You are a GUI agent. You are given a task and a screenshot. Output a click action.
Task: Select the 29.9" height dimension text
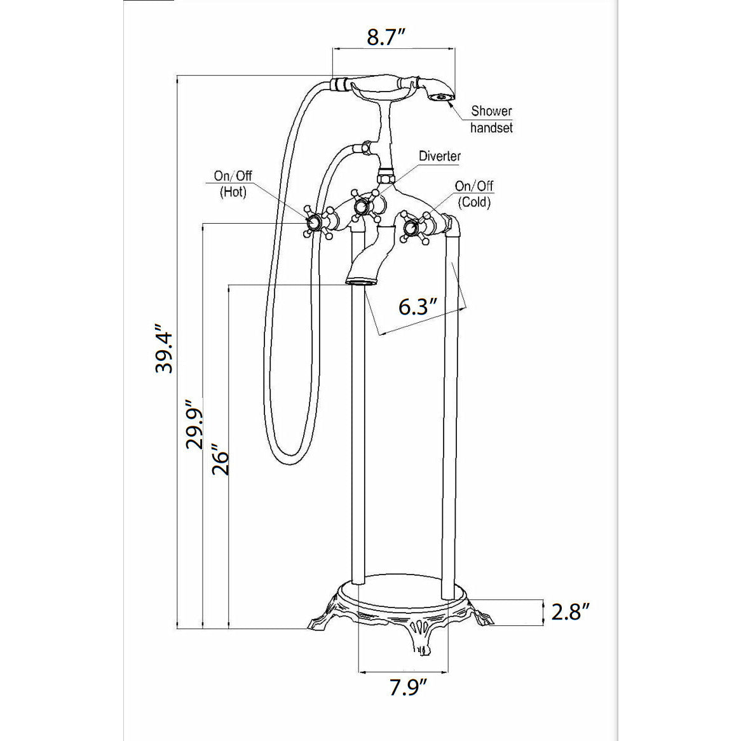194,424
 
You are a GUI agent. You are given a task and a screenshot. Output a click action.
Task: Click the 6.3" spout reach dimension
418,307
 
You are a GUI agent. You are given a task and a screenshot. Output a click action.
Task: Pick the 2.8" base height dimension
570,612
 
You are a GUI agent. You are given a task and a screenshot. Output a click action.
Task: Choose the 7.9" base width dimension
407,687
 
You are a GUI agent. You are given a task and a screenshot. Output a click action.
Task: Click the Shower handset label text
491,119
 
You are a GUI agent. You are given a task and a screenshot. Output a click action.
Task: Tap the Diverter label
440,156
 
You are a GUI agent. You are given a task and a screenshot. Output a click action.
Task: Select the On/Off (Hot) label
233,184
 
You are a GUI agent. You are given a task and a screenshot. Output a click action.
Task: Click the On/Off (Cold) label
474,194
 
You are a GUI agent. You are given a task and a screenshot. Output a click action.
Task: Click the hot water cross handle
315,222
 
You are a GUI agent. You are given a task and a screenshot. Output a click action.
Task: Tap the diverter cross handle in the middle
362,206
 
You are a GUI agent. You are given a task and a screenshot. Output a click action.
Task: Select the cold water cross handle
414,227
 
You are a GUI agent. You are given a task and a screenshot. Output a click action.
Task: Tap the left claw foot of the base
320,619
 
